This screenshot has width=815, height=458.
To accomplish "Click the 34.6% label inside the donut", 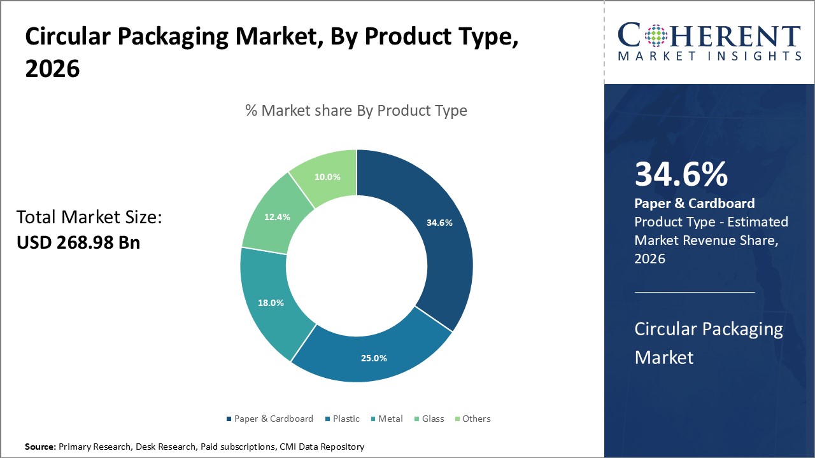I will click(439, 223).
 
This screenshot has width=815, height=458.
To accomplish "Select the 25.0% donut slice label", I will click(374, 358).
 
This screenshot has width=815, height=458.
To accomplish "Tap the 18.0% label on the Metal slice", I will click(271, 303).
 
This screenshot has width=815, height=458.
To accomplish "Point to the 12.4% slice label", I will click(277, 217).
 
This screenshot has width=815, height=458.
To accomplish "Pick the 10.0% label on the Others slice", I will click(327, 177).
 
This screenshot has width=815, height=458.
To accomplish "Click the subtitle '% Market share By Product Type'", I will click(356, 111).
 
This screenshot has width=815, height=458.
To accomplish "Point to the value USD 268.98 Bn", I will click(78, 242).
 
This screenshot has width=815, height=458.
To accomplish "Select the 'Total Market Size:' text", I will click(89, 218).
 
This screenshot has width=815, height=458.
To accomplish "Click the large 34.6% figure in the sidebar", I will click(681, 175).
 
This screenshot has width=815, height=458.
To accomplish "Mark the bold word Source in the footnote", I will click(40, 447).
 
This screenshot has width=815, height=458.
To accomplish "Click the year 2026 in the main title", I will click(52, 69).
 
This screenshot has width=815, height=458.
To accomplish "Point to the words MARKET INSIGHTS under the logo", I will click(709, 56).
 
